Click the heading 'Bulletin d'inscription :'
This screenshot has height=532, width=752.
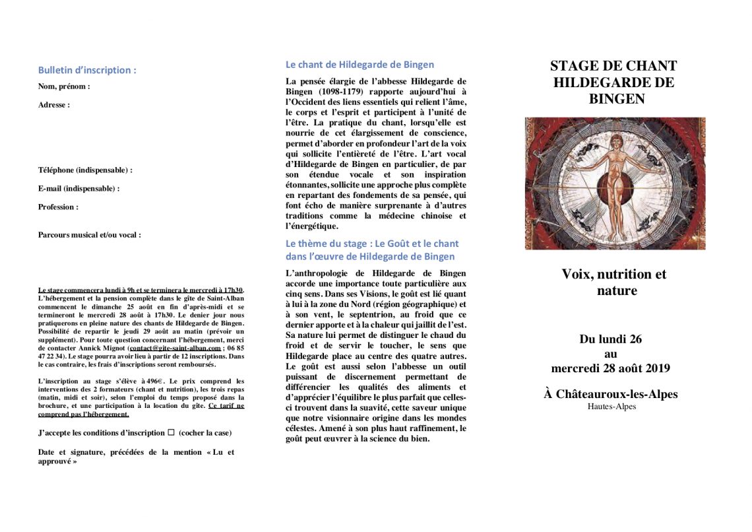pyautogui.click(x=87, y=70)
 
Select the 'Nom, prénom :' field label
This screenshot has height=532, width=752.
pyautogui.click(x=64, y=86)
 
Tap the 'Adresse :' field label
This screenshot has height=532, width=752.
pyautogui.click(x=54, y=104)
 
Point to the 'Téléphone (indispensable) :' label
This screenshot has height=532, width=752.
pyautogui.click(x=85, y=170)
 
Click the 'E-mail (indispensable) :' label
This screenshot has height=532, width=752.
pyautogui.click(x=78, y=188)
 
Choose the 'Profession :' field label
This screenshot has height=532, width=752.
pyautogui.click(x=58, y=207)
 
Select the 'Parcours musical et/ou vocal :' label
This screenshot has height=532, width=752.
pyautogui.click(x=89, y=234)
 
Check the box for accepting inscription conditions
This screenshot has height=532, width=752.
pyautogui.click(x=171, y=432)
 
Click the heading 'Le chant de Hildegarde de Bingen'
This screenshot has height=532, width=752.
pyautogui.click(x=360, y=65)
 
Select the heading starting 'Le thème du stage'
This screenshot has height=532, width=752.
pyautogui.click(x=371, y=249)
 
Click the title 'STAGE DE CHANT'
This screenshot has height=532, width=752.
pyautogui.click(x=613, y=66)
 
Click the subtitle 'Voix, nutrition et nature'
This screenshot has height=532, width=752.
pyautogui.click(x=614, y=282)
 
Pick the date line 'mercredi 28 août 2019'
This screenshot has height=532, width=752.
pyautogui.click(x=610, y=368)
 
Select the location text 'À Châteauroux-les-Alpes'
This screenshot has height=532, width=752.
pyautogui.click(x=611, y=394)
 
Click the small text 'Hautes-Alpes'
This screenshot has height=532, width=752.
pyautogui.click(x=611, y=407)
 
